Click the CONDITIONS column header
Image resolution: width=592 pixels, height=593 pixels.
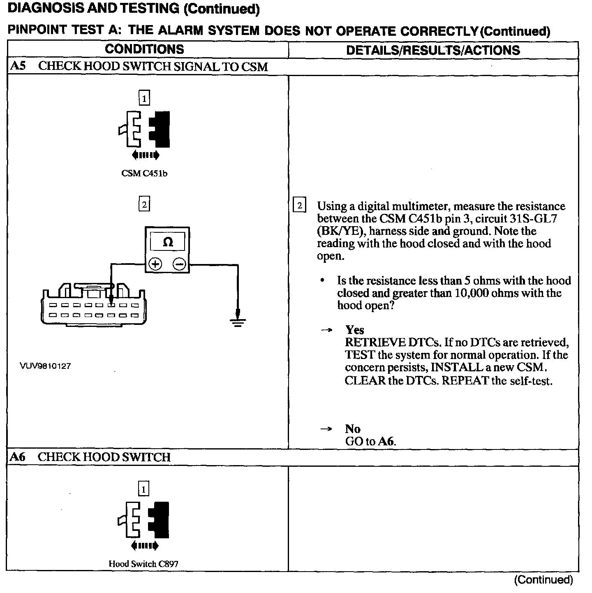coord(144,49)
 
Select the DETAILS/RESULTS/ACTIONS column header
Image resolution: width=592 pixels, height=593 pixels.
coord(433,50)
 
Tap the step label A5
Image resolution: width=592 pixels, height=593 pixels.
coord(18,67)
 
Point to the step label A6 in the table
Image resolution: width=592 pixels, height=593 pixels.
coord(18,457)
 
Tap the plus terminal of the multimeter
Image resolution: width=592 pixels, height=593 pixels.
coord(155,264)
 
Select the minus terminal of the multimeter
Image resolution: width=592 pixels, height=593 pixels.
coord(179,264)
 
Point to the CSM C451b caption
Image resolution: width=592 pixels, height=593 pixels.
coord(144,174)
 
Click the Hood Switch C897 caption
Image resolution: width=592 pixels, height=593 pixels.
coord(143,564)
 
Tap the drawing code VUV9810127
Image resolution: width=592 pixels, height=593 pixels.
coord(45,366)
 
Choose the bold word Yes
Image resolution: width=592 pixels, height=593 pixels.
coord(355,330)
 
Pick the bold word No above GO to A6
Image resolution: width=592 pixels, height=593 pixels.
coord(353,429)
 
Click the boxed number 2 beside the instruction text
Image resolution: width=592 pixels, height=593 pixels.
coord(299,205)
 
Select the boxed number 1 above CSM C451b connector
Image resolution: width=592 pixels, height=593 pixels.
coord(144,98)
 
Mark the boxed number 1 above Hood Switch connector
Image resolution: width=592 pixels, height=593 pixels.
coord(143,489)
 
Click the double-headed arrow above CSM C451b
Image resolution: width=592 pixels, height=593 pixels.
coord(145,155)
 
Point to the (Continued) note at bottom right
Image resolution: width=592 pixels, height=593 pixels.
coord(543,579)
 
